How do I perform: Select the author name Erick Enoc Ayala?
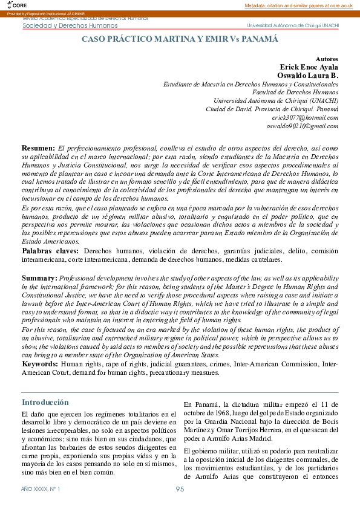pos(309,66)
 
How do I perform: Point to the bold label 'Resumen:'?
pos(39,148)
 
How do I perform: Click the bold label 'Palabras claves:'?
pos(50,250)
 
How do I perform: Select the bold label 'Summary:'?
pos(39,277)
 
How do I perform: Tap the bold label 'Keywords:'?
pos(41,365)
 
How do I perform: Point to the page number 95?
pos(180,488)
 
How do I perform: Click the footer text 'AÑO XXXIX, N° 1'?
pos(41,488)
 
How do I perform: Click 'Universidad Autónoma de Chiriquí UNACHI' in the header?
pos(293,26)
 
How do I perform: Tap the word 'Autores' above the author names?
pos(327,59)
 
